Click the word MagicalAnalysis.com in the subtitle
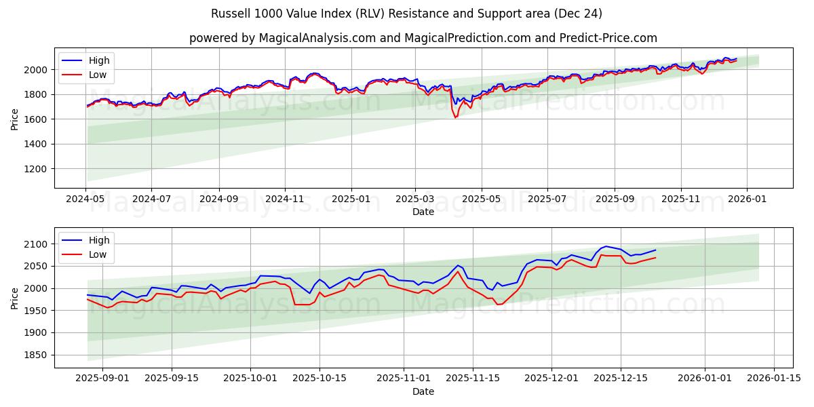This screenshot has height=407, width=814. [x=317, y=38]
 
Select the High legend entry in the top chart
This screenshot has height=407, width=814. [x=99, y=60]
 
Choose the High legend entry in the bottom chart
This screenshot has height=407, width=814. [x=99, y=239]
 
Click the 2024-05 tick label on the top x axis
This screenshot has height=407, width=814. [x=85, y=199]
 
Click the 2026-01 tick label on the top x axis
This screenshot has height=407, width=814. [x=747, y=199]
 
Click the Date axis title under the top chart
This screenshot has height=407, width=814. [x=423, y=212]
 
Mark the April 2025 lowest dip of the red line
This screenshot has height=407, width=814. [x=455, y=117]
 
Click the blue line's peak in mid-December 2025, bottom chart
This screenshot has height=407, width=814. [x=606, y=246]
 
